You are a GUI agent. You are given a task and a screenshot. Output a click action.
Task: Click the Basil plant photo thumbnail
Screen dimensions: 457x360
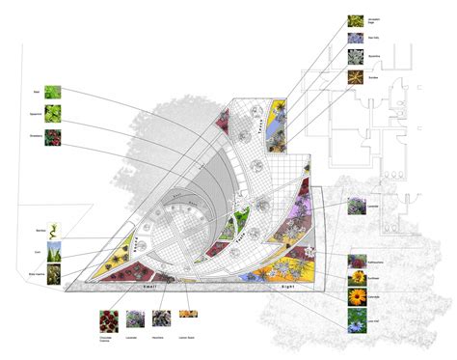tap(52, 94)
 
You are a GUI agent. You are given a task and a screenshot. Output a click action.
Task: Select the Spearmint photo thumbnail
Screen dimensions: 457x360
tap(52, 114)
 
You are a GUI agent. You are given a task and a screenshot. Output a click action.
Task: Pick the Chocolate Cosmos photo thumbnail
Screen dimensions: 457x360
tap(107, 318)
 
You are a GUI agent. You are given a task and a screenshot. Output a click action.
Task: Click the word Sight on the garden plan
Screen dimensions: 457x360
tap(286, 289)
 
